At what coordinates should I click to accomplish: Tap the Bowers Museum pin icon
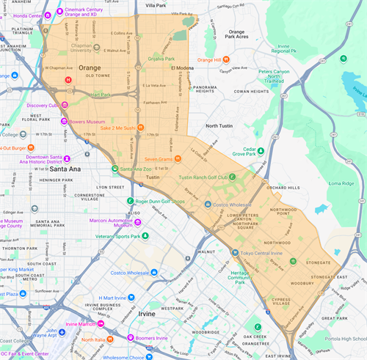(x=64, y=121)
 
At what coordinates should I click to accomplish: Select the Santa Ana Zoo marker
(x=115, y=169)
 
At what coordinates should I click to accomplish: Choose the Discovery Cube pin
(x=64, y=104)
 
